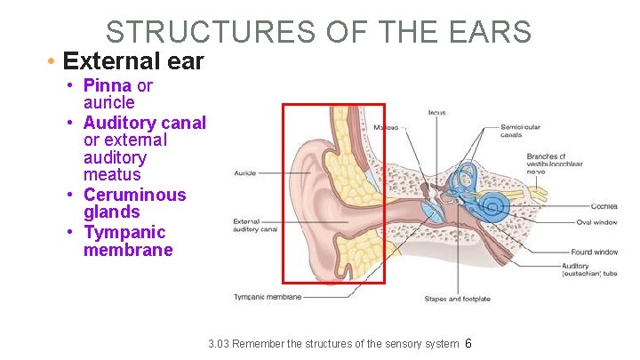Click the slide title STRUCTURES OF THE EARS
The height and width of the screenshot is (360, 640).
[318, 31]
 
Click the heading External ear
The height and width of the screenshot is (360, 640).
[133, 62]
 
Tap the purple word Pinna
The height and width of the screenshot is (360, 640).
[107, 85]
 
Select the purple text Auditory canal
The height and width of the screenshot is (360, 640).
[144, 123]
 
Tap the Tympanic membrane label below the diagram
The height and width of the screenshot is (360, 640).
[267, 297]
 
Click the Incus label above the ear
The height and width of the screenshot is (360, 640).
[436, 113]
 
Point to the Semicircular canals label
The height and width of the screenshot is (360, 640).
[521, 131]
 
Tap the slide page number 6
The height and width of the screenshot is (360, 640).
[468, 344]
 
